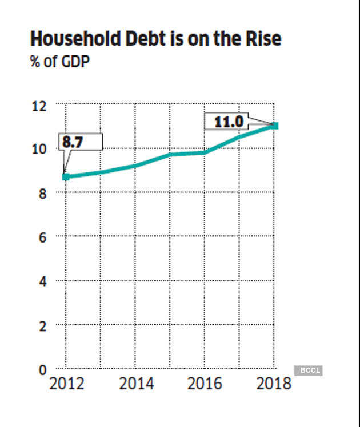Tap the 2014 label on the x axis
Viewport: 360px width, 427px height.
pos(136,384)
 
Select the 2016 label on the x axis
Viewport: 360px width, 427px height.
pos(205,384)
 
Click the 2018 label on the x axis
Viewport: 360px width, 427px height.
pos(273,384)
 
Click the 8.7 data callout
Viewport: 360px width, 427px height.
pos(73,142)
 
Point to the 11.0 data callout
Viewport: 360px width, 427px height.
pos(229,122)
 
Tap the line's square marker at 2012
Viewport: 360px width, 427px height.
pos(66,176)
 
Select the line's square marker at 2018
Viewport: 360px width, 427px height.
pos(275,125)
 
